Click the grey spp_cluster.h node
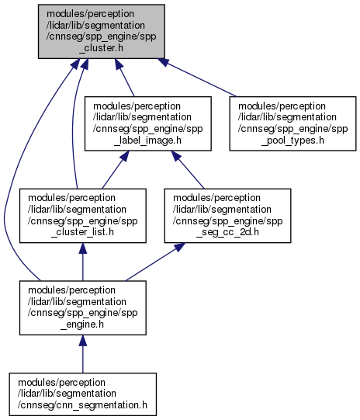click(101, 31)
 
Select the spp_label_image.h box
click(148, 123)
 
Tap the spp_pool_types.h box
click(292, 123)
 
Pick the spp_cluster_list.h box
click(83, 216)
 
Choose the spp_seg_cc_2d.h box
click(227, 216)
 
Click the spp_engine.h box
click(83, 307)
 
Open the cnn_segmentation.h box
click(83, 394)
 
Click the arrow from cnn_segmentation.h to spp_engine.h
click(83, 354)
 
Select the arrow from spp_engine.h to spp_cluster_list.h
click(83, 262)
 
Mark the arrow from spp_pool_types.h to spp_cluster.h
click(197, 78)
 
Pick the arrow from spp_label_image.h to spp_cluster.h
click(124, 78)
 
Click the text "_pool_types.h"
click(292, 141)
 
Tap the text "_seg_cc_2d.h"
click(227, 232)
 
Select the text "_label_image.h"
click(148, 141)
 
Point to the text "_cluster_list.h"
click(83, 232)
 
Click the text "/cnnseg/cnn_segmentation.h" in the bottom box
click(83, 405)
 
